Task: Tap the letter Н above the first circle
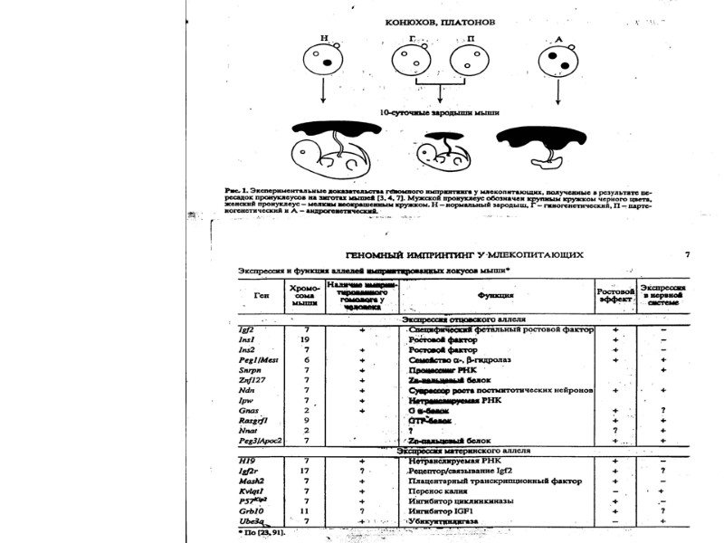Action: pos(323,39)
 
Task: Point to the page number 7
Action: pos(688,254)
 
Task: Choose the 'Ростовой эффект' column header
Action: pos(615,294)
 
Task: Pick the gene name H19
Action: pos(246,460)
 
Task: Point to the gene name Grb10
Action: pos(251,510)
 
